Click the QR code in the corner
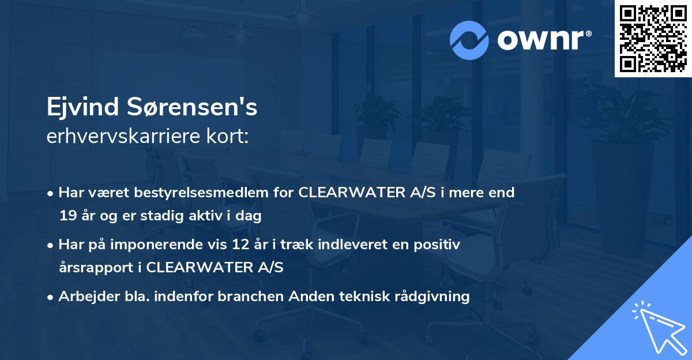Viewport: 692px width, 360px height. tap(653, 39)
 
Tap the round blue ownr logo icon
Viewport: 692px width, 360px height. tap(469, 40)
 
